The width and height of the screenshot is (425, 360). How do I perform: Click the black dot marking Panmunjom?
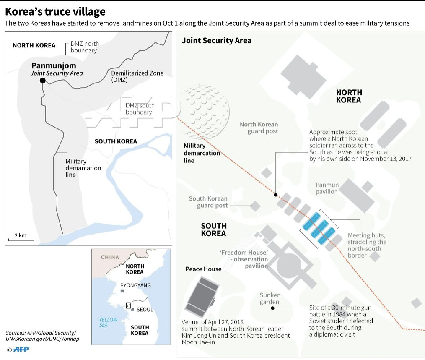pyautogui.click(x=42, y=81)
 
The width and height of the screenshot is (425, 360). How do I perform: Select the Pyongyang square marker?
pyautogui.click(x=122, y=291)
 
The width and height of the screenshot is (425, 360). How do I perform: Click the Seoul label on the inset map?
pyautogui.click(x=145, y=310)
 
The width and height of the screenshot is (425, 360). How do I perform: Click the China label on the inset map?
pyautogui.click(x=110, y=257)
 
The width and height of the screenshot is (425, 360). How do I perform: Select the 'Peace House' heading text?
pyautogui.click(x=203, y=269)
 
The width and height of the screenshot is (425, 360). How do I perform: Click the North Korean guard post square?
pyautogui.click(x=267, y=173)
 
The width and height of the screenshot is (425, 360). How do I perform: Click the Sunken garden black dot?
pyautogui.click(x=272, y=308)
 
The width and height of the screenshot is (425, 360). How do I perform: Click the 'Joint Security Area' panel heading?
pyautogui.click(x=216, y=40)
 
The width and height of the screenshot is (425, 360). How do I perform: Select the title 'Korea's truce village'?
pyautogui.click(x=55, y=11)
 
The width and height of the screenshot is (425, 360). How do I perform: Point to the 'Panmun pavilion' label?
pyautogui.click(x=327, y=188)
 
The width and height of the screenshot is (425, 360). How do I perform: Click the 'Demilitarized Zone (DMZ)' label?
pyautogui.click(x=137, y=76)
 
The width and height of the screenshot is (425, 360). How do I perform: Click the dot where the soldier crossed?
pyautogui.click(x=275, y=195)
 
